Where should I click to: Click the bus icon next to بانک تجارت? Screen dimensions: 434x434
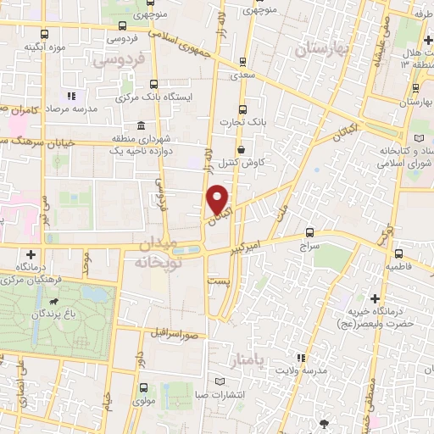(x=243, y=109)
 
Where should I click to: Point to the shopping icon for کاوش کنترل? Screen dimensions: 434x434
(x=242, y=149)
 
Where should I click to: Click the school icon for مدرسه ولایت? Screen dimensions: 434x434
(x=299, y=357)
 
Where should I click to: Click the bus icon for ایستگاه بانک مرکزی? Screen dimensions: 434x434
(x=153, y=84)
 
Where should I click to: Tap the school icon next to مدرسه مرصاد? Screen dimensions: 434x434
(x=71, y=96)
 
